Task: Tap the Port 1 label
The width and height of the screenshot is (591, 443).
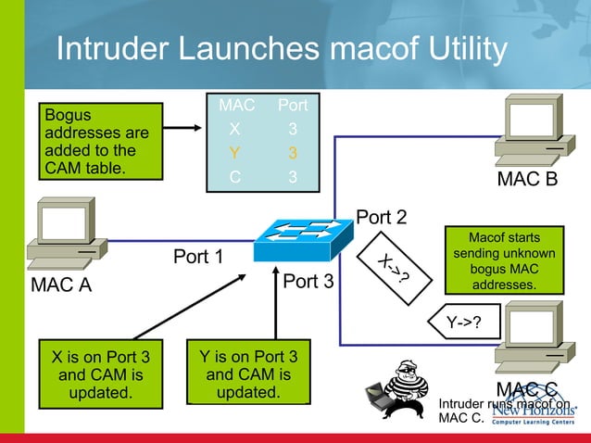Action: [198, 256]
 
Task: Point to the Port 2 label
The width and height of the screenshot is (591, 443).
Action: [382, 217]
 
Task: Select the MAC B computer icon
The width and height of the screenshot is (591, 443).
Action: [530, 130]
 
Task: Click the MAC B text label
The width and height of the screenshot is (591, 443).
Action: [527, 178]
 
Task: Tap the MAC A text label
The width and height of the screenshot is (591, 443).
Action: [61, 285]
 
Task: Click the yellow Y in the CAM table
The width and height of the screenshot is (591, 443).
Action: [235, 152]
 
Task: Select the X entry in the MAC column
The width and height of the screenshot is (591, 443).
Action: [235, 129]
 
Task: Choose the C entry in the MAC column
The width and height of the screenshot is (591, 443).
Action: [235, 176]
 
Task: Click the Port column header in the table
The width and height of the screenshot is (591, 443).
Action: [292, 106]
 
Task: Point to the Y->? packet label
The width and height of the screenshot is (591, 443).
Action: [467, 323]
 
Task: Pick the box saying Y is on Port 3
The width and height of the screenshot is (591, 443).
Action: [247, 373]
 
